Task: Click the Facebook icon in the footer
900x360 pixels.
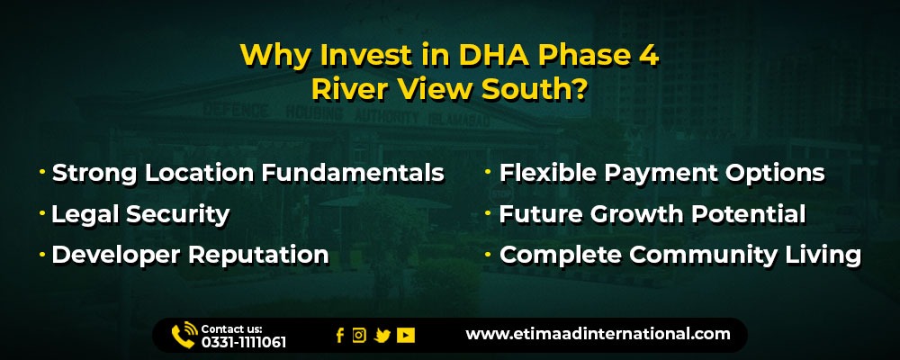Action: click(340, 336)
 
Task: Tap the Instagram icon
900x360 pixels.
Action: click(359, 336)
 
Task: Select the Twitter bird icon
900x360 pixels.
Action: click(382, 336)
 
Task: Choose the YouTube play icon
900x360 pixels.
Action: click(406, 336)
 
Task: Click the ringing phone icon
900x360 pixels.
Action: click(184, 336)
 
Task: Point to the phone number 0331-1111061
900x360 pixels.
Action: click(243, 342)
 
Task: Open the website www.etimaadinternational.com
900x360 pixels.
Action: click(598, 334)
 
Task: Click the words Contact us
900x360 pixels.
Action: click(231, 329)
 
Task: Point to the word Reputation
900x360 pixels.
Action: click(259, 255)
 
